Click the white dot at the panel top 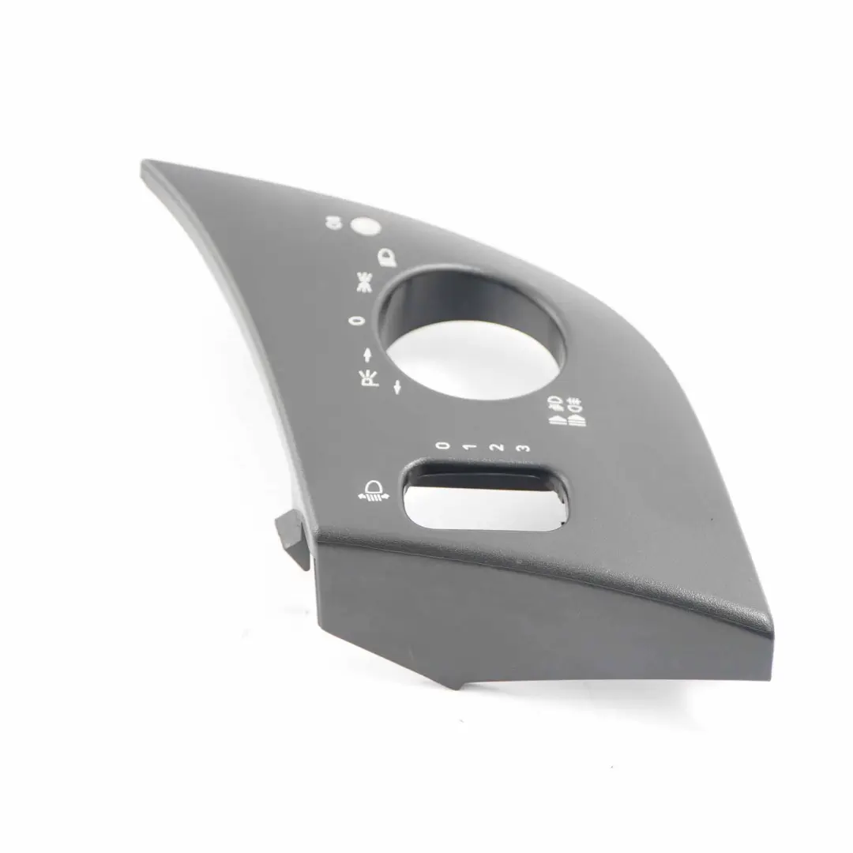click(x=364, y=227)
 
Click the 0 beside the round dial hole click(x=356, y=321)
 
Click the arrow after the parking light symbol click(x=397, y=386)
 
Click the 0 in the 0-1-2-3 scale click(x=443, y=445)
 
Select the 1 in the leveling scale click(x=470, y=447)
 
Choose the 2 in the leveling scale click(x=496, y=448)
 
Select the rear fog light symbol click(x=577, y=411)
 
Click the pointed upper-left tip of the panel click(x=145, y=167)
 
